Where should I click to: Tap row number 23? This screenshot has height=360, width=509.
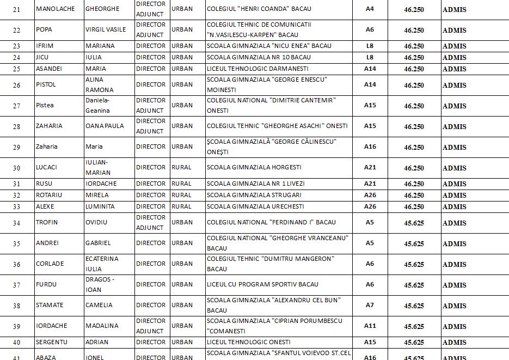(16, 46)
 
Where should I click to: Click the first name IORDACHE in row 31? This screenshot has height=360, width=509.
(101, 184)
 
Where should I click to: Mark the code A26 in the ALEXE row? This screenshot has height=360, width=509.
(370, 206)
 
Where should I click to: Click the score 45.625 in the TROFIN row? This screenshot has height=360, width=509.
(414, 223)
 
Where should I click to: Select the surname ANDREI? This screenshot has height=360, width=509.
(46, 243)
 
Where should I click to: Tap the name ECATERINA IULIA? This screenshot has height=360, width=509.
(102, 264)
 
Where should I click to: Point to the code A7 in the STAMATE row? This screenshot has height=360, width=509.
(370, 305)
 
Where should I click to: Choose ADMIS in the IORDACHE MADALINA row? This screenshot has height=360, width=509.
(454, 326)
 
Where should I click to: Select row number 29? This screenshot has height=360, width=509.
(16, 147)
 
